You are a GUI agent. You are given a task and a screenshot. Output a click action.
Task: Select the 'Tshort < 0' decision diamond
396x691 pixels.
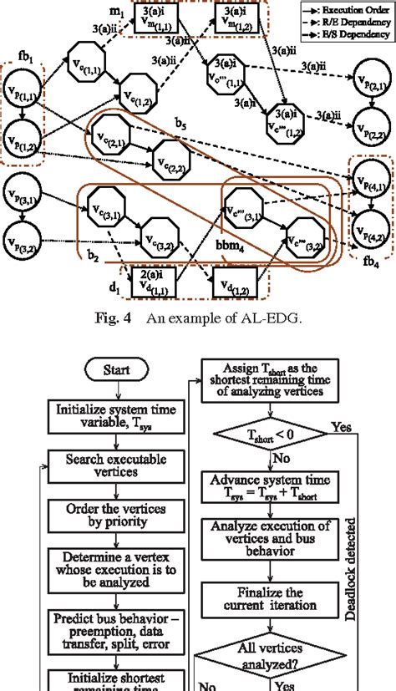click(273, 435)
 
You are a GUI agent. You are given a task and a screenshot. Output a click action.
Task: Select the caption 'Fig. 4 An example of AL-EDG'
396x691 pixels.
click(197, 317)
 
